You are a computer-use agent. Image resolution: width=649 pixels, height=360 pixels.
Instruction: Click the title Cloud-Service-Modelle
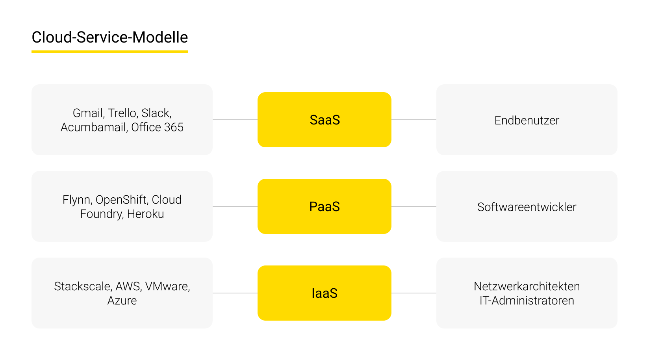(109, 37)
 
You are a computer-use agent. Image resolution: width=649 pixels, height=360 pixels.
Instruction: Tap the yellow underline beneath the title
(109, 51)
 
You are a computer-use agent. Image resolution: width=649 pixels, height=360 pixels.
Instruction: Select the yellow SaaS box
(324, 120)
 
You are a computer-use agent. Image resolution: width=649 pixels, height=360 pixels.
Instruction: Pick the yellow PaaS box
(324, 206)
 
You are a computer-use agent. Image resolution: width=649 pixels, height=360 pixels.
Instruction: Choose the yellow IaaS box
(324, 293)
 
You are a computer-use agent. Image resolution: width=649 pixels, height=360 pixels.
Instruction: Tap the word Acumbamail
(93, 127)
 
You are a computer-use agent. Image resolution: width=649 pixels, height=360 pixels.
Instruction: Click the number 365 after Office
(174, 127)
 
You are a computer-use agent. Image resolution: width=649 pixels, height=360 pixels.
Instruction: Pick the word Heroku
(145, 214)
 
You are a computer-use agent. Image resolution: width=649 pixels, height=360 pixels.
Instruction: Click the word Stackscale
(82, 286)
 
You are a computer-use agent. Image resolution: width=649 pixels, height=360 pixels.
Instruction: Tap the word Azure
(122, 301)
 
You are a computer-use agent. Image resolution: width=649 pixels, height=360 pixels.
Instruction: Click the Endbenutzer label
(527, 121)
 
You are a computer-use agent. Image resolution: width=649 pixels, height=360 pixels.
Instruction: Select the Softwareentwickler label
(527, 207)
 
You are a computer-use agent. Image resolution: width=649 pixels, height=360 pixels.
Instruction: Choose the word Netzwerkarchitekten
(527, 286)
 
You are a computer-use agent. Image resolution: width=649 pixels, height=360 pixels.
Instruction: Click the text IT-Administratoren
(527, 301)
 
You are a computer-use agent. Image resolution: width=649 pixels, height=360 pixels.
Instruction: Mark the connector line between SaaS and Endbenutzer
(414, 120)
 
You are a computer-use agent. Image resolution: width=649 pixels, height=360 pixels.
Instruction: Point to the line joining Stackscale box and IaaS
(235, 293)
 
